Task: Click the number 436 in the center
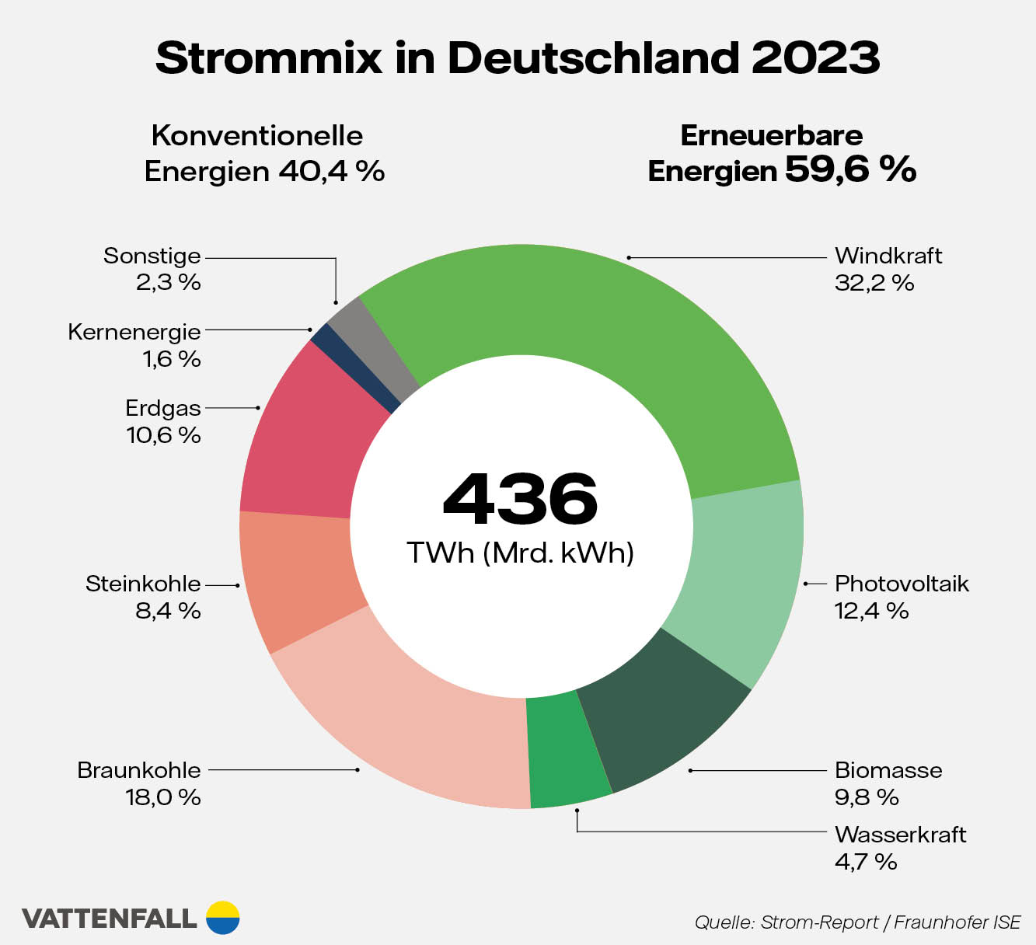point(520,498)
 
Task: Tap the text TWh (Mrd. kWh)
point(520,553)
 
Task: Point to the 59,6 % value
point(850,169)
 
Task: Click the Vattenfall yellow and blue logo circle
point(223,918)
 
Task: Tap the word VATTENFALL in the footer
point(109,919)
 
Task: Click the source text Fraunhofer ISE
point(957,922)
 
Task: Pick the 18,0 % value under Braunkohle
point(163,797)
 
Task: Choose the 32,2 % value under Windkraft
point(874,283)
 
